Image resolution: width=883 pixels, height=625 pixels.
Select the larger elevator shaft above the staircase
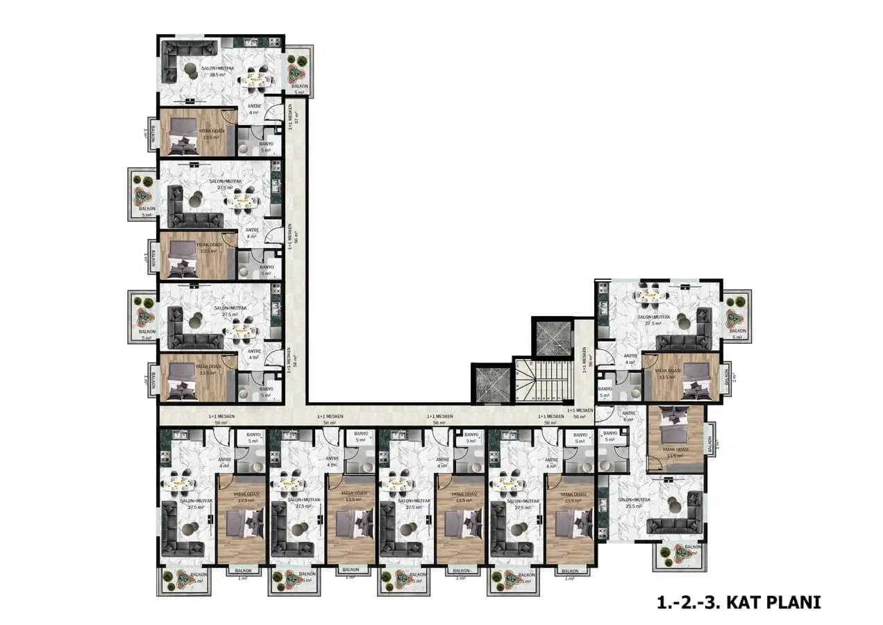tap(553, 338)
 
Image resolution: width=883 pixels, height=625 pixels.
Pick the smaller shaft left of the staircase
tap(491, 383)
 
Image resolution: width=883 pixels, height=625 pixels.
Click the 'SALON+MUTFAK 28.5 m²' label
tap(217, 71)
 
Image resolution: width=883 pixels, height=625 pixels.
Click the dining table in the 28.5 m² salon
tap(255, 80)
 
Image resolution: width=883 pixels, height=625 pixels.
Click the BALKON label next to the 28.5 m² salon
tap(299, 85)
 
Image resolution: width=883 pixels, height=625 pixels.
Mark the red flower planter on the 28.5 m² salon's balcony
tap(298, 69)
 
